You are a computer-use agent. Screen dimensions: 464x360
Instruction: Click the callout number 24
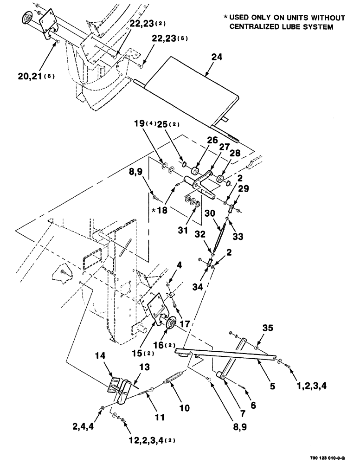[217, 58]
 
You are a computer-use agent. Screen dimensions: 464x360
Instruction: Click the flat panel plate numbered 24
[190, 88]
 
